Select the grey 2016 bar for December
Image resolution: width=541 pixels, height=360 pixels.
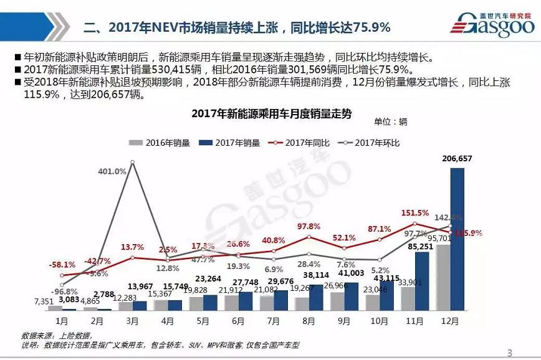443,277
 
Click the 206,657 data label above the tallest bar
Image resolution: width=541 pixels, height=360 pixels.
457,159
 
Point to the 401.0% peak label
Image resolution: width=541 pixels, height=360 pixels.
112,171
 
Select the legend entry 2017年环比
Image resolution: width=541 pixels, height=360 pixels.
371,143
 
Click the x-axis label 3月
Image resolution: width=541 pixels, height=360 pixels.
132,321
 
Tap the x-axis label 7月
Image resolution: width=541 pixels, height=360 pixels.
273,321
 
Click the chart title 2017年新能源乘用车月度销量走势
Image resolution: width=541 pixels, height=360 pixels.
271,113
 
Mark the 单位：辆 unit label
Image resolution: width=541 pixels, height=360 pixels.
391,121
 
